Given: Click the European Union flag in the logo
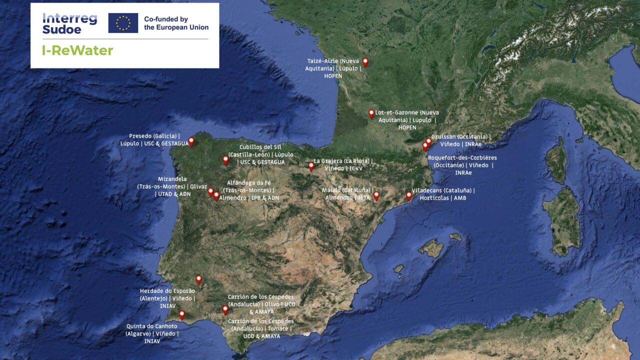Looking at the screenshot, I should (123, 23).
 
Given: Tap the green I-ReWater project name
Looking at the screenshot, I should (77, 50).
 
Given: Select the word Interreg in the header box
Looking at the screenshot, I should (69, 18).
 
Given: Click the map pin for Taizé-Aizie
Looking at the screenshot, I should (365, 61).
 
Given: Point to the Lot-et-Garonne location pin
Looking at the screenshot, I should (371, 113).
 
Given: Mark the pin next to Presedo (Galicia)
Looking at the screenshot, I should (191, 141).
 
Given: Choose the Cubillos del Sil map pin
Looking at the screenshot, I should (225, 159).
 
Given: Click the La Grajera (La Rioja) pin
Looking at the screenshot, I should (311, 166).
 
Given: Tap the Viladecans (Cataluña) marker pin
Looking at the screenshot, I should (408, 195).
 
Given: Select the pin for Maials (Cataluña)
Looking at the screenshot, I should (376, 195).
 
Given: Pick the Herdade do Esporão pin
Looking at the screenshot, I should (198, 279).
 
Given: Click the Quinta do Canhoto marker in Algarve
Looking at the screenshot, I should (182, 314).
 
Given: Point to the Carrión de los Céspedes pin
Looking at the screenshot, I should (225, 309).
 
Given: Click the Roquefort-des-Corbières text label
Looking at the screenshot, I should (462, 165).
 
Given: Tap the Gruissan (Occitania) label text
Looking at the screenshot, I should (461, 140).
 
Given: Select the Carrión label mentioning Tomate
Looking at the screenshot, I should (260, 328).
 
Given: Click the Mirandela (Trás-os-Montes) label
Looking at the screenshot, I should (172, 186).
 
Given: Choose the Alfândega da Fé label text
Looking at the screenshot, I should (248, 190).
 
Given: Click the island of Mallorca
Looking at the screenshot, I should (430, 248).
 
